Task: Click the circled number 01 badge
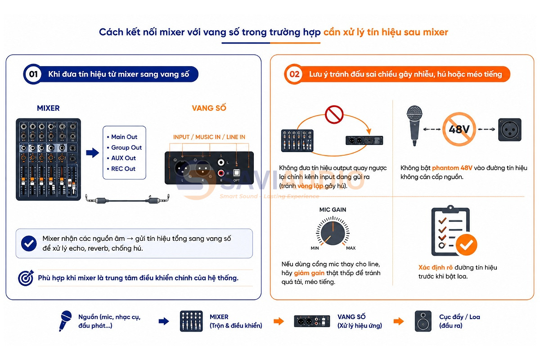tap(33, 74)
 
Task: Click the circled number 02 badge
tap(294, 74)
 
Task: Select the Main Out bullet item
tap(122, 137)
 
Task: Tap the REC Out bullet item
tap(121, 169)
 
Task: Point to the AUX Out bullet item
tap(121, 158)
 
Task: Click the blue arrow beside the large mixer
tap(93, 153)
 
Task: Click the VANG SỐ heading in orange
tap(209, 108)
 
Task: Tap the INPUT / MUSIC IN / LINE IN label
tap(209, 137)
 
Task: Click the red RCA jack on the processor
tap(221, 173)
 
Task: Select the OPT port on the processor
tap(236, 173)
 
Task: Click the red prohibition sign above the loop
tap(334, 114)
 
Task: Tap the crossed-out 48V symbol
tap(459, 129)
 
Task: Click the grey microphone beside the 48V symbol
tap(414, 126)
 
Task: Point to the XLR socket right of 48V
tap(509, 130)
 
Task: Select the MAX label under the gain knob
tap(351, 248)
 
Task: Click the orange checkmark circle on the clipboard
tap(467, 245)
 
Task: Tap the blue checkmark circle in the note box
tap(29, 243)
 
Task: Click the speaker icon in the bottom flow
tap(423, 321)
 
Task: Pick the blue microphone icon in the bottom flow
tap(65, 321)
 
